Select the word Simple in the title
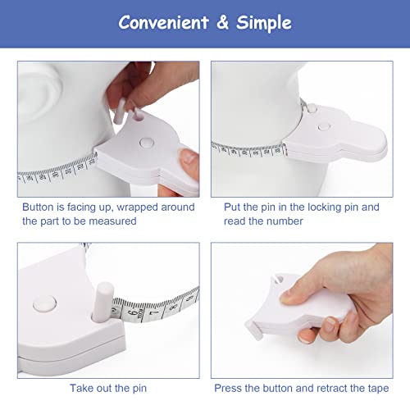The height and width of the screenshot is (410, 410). (x=264, y=22)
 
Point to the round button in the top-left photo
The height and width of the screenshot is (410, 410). (x=147, y=142)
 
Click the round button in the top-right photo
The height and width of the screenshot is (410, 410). (x=324, y=127)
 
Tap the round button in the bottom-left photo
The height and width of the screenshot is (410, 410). (x=39, y=303)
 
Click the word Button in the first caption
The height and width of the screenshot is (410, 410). (x=39, y=207)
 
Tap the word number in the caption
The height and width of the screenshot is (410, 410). (x=282, y=221)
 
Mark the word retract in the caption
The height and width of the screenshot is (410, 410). (x=341, y=386)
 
